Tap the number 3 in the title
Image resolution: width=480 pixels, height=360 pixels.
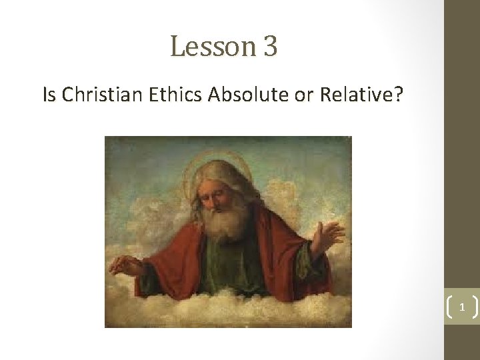tap(270, 47)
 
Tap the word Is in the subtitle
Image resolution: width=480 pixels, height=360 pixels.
tap(49, 95)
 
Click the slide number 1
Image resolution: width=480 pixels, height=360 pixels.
tap(461, 309)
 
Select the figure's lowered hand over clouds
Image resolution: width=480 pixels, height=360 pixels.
tap(128, 265)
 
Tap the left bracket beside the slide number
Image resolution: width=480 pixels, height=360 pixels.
tap(446, 309)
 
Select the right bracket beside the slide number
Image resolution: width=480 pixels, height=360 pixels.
tap(475, 309)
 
